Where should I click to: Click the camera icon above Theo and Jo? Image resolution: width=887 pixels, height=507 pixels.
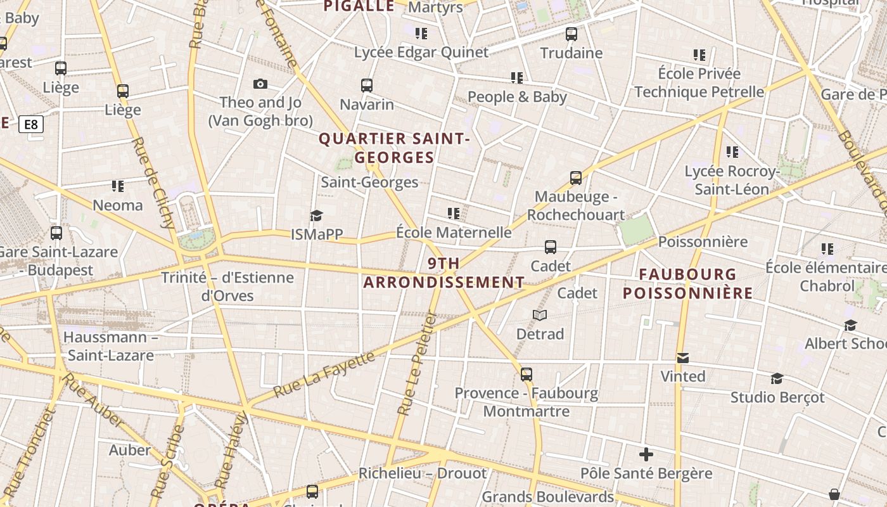point(260,84)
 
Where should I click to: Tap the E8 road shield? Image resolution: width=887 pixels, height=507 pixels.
point(31,124)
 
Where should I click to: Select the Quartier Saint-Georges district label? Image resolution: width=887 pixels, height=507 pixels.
point(394,148)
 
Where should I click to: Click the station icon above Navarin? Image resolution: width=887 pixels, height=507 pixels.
point(366,86)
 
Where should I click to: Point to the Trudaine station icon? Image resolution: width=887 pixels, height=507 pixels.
point(571,34)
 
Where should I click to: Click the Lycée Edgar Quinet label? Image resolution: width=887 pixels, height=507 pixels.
point(421,52)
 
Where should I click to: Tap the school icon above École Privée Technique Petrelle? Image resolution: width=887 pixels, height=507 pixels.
point(699,55)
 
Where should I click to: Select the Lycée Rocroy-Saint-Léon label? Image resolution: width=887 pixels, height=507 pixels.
point(732,180)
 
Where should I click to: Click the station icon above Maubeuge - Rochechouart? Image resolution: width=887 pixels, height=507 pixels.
point(575,178)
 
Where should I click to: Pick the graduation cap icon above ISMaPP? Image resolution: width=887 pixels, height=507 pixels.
point(316,216)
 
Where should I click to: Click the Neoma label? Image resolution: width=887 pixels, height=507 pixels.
point(118,205)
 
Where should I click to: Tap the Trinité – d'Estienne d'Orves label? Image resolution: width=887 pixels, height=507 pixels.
point(227,286)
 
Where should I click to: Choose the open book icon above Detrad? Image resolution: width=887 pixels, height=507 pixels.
point(540,315)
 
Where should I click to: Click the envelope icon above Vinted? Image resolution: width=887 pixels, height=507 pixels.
point(682,358)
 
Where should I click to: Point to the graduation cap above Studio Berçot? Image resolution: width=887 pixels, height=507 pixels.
point(777,379)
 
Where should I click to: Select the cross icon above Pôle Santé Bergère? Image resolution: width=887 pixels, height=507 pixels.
point(646,454)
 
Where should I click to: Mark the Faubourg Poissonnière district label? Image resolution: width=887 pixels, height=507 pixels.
point(687,283)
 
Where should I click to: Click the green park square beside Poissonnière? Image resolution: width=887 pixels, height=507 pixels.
point(636,229)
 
